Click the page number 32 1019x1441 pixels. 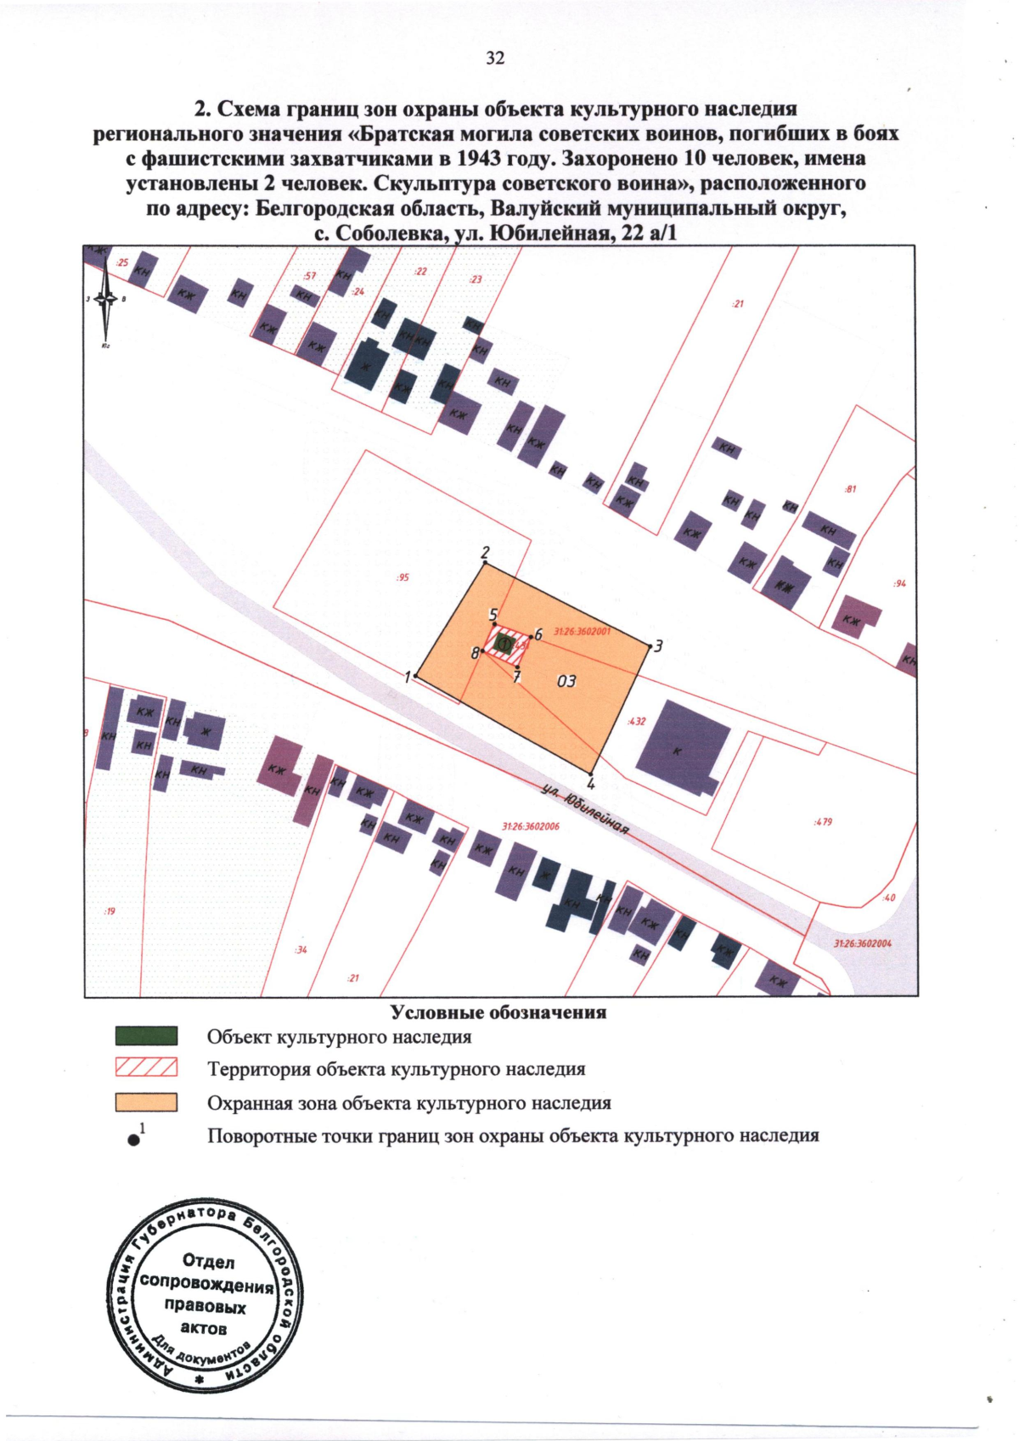coord(495,58)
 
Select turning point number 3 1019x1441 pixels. coord(650,647)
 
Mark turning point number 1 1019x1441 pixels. coord(417,677)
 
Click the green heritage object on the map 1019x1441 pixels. coord(503,645)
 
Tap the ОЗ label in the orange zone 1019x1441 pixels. coord(566,681)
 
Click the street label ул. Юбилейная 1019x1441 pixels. coord(586,808)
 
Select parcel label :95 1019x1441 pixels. coord(403,577)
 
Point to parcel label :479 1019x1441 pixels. coord(823,822)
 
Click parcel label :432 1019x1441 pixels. coord(636,721)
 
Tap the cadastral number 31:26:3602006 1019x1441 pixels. coord(531,826)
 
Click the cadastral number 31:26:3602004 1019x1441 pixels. coord(862,943)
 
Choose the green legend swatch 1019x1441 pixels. coord(146,1036)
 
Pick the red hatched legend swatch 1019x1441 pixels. coord(146,1067)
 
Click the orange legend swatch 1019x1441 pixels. coord(146,1102)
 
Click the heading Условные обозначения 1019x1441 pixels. coord(498,1012)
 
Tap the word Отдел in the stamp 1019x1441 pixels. coord(208,1261)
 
